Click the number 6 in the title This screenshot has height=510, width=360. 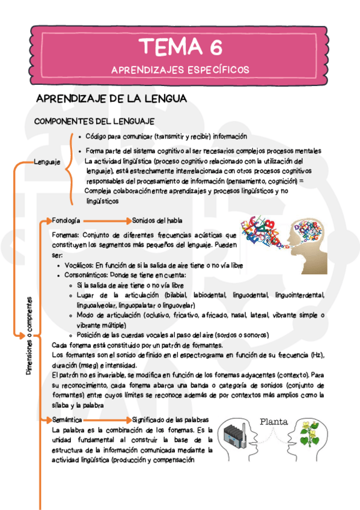tap(215, 46)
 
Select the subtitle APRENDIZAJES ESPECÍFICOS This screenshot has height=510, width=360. tap(180, 70)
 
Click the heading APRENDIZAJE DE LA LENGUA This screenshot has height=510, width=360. tap(112, 99)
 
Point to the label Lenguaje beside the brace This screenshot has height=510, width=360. tap(47, 162)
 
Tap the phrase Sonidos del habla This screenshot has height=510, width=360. tap(157, 220)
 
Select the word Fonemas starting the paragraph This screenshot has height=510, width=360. tap(66, 235)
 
